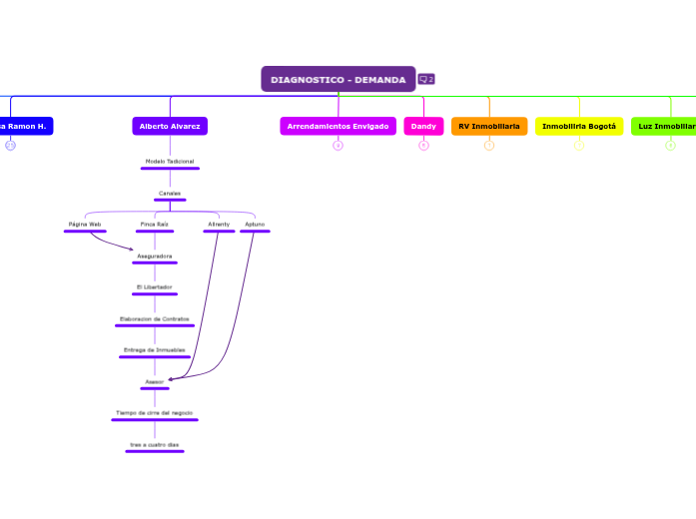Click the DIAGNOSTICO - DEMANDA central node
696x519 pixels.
click(x=338, y=79)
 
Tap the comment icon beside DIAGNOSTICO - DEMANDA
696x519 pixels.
click(x=426, y=79)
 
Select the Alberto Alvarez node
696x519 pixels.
click(x=170, y=126)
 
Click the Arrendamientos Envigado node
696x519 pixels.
click(x=338, y=126)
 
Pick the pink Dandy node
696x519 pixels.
click(x=423, y=126)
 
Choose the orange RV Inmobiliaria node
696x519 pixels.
click(x=489, y=126)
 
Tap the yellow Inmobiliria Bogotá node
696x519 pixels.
click(x=579, y=126)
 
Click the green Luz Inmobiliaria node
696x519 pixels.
click(x=665, y=126)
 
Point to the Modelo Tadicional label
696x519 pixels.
click(x=170, y=161)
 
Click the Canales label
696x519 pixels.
click(x=170, y=193)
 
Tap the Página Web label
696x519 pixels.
click(x=85, y=225)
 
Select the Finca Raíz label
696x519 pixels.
click(x=155, y=225)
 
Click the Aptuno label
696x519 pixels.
click(x=255, y=225)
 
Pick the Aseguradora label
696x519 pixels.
click(x=154, y=257)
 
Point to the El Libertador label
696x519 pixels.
click(x=154, y=287)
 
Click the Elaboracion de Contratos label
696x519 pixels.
click(x=154, y=318)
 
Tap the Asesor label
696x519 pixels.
click(x=154, y=381)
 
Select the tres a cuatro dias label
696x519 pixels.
click(x=154, y=444)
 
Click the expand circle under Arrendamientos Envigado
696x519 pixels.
click(x=338, y=146)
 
